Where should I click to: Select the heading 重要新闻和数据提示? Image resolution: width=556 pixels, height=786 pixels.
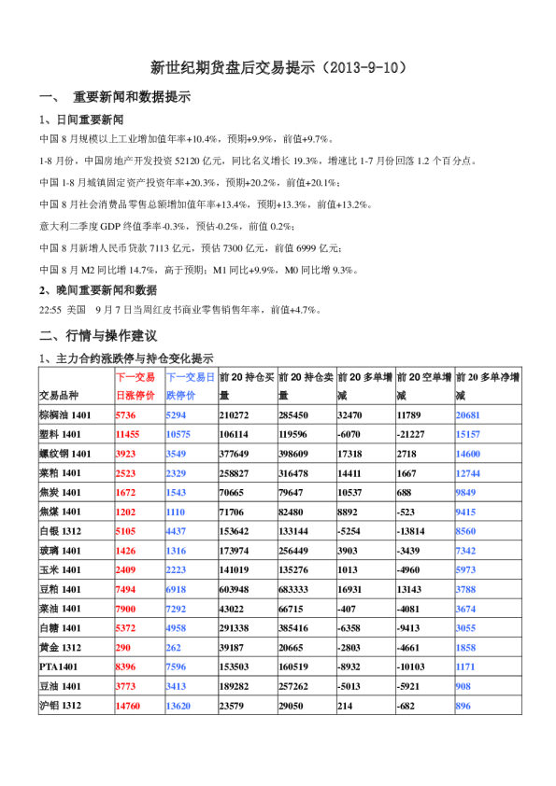pyautogui.click(x=131, y=97)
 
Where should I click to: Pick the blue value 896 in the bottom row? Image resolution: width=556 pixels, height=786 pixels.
pyautogui.click(x=463, y=707)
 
